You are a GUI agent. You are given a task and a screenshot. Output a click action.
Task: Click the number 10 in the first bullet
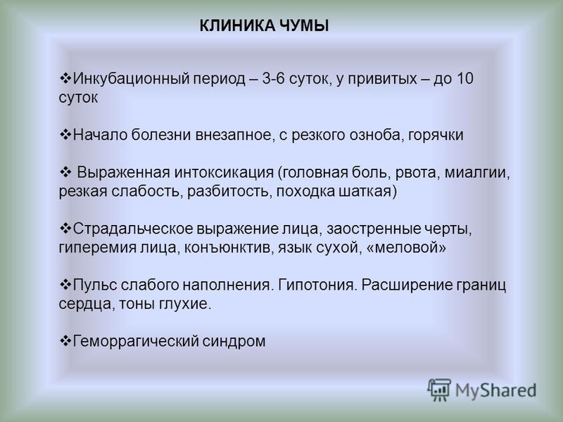[465, 78]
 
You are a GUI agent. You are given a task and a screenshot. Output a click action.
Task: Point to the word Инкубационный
[131, 79]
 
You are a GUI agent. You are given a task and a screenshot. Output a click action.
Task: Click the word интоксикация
[224, 173]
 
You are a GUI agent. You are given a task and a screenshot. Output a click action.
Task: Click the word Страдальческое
[133, 229]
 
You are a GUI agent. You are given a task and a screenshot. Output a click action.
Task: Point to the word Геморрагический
[135, 342]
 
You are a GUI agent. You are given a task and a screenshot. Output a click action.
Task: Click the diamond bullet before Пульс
[65, 285]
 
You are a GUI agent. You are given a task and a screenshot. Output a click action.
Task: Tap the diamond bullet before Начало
[65, 134]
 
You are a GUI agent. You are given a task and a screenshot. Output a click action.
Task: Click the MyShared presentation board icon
[439, 390]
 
